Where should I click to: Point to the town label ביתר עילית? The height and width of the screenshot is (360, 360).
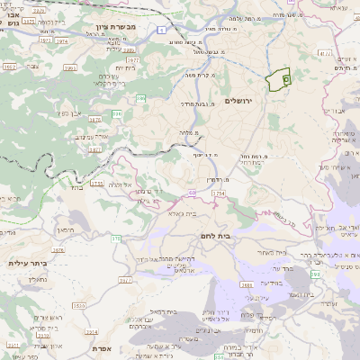click(x=26, y=263)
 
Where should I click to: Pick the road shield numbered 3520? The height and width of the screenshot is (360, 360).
click(x=80, y=307)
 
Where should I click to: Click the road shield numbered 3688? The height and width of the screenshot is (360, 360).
click(x=245, y=285)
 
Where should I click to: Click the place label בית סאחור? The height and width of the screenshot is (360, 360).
click(x=272, y=254)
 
